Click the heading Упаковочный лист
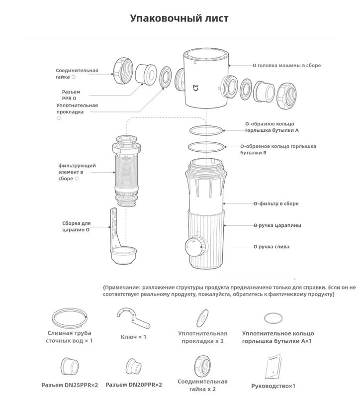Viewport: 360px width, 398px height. [x=180, y=18]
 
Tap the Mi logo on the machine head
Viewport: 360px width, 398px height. [x=195, y=88]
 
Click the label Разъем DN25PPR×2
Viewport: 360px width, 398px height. [x=70, y=385]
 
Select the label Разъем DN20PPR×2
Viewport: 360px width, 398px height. [x=134, y=385]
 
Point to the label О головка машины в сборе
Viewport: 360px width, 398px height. [x=286, y=65]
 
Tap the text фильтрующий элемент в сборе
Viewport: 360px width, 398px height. [x=77, y=172]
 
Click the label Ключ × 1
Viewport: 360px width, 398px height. [x=133, y=337]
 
